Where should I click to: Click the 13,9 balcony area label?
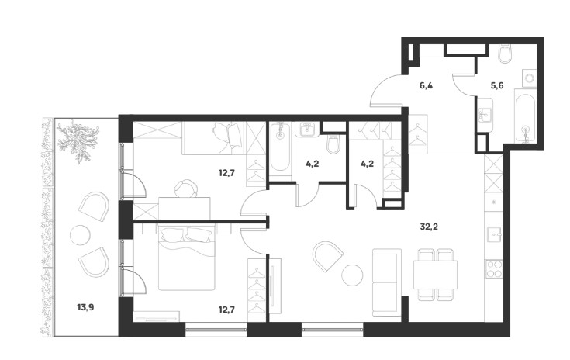(85, 308)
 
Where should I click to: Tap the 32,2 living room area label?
(429, 227)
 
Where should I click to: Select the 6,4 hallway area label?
(426, 86)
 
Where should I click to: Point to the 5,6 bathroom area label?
(497, 86)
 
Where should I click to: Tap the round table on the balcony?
(80, 235)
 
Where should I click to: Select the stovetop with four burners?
(495, 269)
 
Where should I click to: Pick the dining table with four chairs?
(436, 275)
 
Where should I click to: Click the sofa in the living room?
(387, 282)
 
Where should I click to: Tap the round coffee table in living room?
(352, 275)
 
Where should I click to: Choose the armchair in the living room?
(328, 256)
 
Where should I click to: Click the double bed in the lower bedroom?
(187, 258)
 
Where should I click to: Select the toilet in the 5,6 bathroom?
(506, 54)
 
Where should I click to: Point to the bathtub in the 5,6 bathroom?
(525, 116)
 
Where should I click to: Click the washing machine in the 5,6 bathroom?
(529, 78)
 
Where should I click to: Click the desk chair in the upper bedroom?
(186, 189)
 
